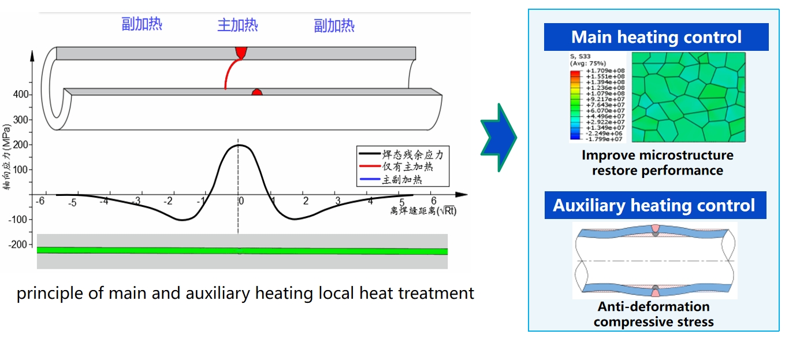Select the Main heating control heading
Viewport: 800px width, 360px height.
click(x=656, y=38)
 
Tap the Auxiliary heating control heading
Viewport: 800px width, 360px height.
click(x=654, y=205)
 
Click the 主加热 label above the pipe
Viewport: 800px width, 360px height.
click(x=237, y=25)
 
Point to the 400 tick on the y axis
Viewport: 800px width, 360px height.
click(x=21, y=94)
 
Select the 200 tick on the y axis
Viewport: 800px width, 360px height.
click(x=21, y=144)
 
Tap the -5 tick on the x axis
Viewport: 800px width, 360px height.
click(x=72, y=203)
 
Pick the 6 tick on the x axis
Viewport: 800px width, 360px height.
click(x=433, y=201)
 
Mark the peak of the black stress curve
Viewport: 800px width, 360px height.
click(x=238, y=145)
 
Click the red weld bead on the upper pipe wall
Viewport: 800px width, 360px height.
click(x=241, y=53)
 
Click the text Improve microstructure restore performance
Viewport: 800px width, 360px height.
click(x=657, y=163)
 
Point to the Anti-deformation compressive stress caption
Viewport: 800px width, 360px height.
click(x=653, y=314)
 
